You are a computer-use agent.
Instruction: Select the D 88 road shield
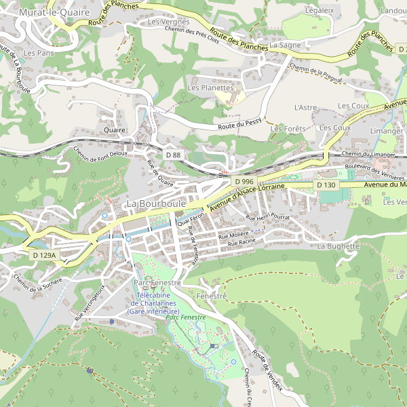(x=173, y=155)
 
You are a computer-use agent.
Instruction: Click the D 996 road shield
(x=244, y=182)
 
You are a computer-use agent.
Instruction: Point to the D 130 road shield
(x=326, y=185)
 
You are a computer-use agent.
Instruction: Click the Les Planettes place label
(x=210, y=88)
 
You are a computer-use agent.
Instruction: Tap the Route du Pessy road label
(x=239, y=125)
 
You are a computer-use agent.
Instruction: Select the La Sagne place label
(x=285, y=45)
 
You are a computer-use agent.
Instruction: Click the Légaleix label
(x=319, y=10)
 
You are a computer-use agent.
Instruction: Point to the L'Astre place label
(x=305, y=107)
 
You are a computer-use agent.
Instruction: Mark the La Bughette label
(x=338, y=246)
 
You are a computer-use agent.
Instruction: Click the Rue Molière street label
(x=233, y=235)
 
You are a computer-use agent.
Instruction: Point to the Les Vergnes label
(x=169, y=22)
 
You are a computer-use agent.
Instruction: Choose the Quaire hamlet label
(x=115, y=129)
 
